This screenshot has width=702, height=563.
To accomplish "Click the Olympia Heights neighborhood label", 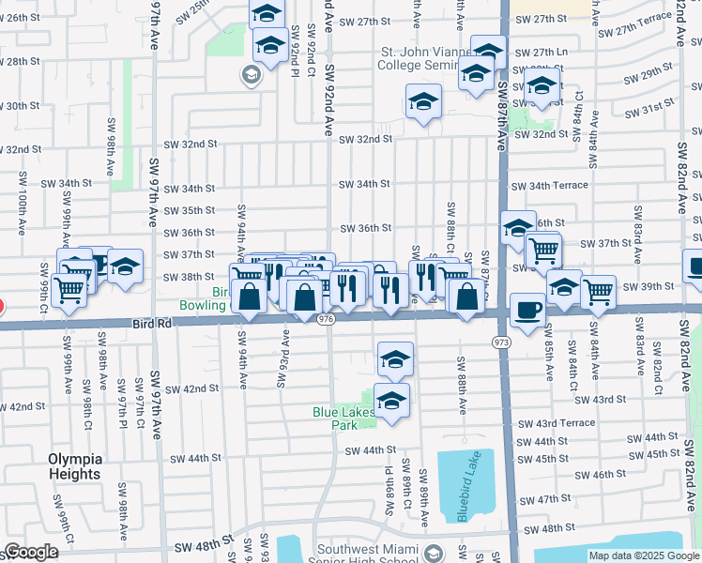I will tap(75, 466).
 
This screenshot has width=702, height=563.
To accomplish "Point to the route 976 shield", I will tap(326, 320).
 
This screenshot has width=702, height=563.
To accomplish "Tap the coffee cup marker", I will tap(527, 310).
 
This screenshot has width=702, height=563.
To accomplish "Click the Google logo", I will tap(31, 552).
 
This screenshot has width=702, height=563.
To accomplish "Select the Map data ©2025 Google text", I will tap(644, 555).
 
